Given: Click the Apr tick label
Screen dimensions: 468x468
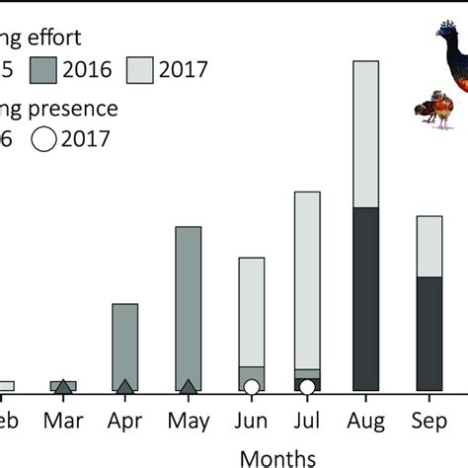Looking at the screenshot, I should (124, 422).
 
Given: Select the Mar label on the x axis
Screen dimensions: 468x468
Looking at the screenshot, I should (63, 422).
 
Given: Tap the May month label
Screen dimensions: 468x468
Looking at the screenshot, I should (188, 422).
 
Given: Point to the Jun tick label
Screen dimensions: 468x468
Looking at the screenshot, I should (251, 422).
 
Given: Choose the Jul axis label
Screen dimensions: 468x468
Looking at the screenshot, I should (308, 422).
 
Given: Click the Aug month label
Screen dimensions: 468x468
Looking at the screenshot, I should (365, 422).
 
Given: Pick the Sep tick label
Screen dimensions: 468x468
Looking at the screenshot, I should (429, 422).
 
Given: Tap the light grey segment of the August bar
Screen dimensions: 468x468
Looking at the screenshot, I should (365, 133).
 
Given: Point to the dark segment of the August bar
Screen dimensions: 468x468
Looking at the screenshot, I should (365, 296).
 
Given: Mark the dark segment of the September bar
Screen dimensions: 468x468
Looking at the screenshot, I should (429, 331).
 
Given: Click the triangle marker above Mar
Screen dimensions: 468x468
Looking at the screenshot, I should (63, 387).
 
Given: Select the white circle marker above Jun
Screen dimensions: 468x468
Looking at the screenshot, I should (252, 387).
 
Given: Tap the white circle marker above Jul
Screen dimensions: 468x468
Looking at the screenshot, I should (308, 387).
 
